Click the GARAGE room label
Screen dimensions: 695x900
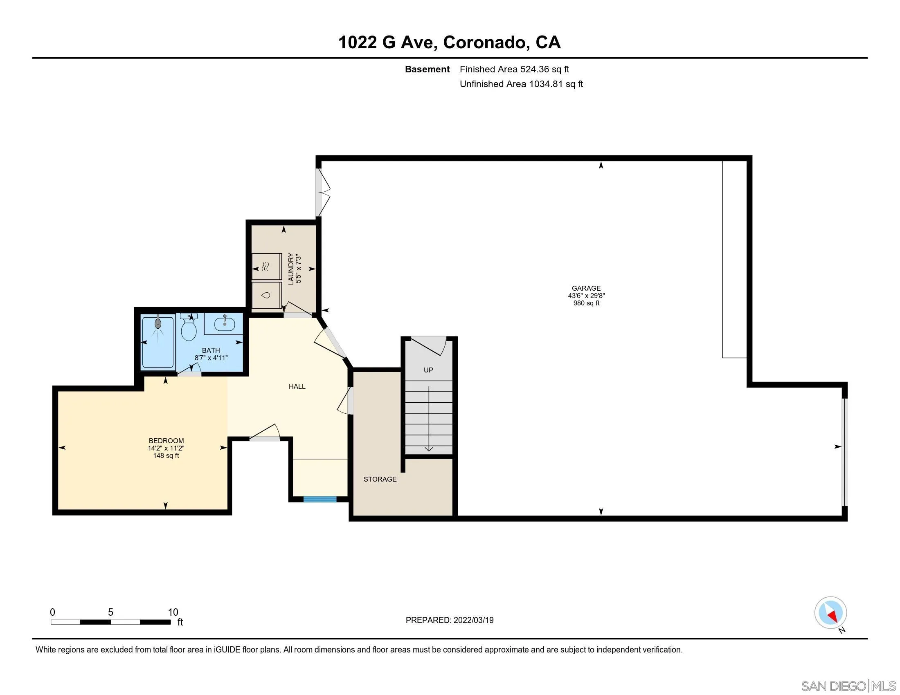pos(586,288)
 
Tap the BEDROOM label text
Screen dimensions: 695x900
pos(166,441)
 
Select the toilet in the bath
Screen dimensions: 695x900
pos(189,329)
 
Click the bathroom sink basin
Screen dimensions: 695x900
pos(225,324)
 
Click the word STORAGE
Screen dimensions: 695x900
pos(380,479)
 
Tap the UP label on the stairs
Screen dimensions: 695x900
pos(428,370)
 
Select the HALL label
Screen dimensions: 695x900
pos(297,386)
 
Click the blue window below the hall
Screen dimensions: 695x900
pos(320,500)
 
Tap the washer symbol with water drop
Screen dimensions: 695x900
pos(266,295)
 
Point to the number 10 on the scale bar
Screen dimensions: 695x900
pos(173,612)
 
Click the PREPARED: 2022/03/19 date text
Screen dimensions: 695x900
pos(449,620)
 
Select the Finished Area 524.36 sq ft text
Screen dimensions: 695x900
pos(514,69)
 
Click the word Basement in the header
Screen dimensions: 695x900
pos(427,69)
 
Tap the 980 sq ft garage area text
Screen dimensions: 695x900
pos(586,303)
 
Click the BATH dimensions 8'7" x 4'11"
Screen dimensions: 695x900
pos(211,358)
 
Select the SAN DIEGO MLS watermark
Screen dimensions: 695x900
pos(848,686)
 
